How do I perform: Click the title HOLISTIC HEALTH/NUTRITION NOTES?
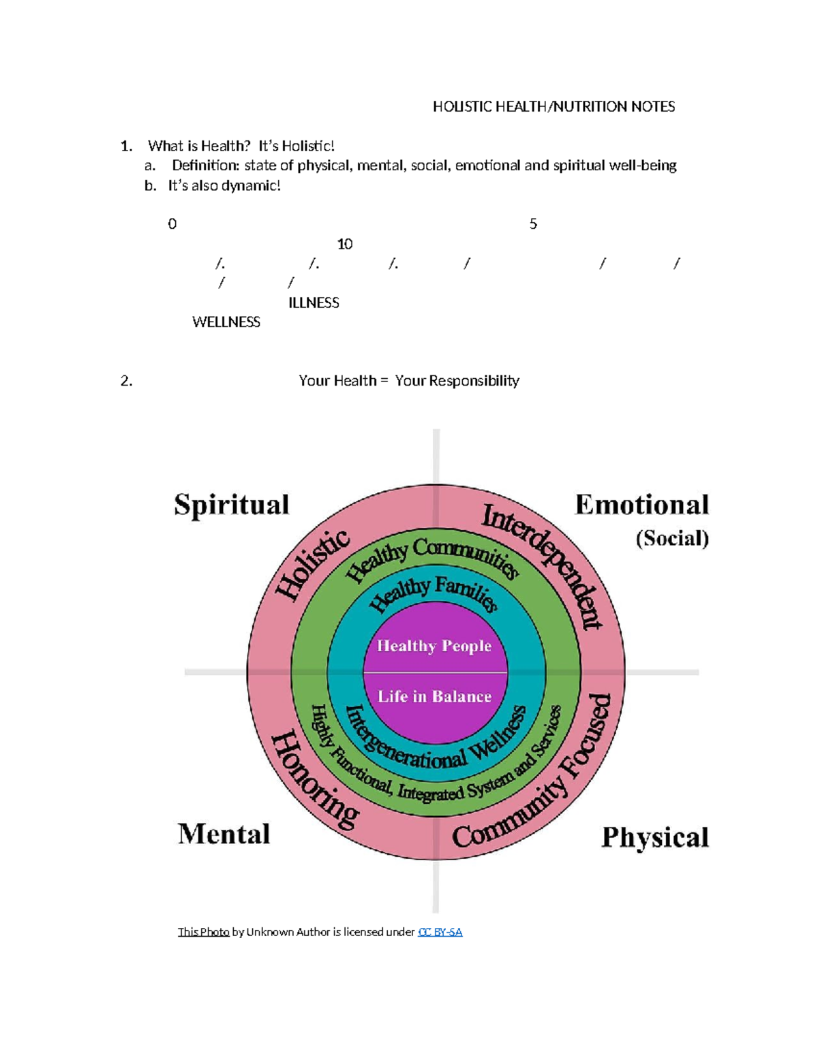tap(554, 107)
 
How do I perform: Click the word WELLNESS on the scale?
tap(226, 322)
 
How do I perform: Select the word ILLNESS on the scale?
tap(314, 303)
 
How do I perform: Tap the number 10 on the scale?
tap(345, 245)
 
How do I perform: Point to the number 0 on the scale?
tap(172, 224)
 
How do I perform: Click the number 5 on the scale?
tap(533, 224)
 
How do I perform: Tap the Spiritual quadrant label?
tap(232, 505)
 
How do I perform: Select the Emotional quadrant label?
tap(642, 505)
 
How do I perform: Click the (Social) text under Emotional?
tap(672, 539)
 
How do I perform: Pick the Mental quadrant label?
tap(224, 834)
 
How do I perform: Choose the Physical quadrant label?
tap(655, 837)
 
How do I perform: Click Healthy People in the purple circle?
tap(434, 646)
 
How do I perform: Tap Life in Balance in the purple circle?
tap(434, 696)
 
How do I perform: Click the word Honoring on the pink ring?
tap(314, 781)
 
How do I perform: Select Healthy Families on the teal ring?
tap(434, 593)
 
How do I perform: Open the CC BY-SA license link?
tap(440, 932)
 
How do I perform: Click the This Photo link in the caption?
tap(203, 932)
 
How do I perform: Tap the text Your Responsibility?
tap(457, 381)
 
